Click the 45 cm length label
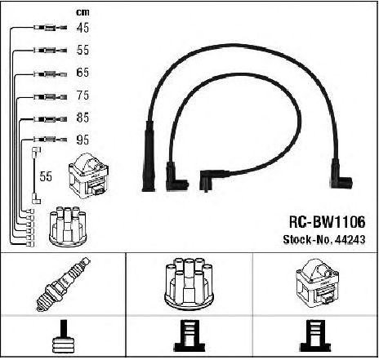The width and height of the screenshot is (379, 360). coord(82,28)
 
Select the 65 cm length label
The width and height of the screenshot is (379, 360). coord(82,73)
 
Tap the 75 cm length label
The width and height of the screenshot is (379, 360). coord(82,96)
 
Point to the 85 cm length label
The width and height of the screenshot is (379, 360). coord(82,118)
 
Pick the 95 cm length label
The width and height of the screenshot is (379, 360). coord(82,140)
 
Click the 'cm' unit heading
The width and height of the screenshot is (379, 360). coord(82,12)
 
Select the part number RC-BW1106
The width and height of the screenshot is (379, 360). coord(327,222)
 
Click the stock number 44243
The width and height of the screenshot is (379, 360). coord(350,239)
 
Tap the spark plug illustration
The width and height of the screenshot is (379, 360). coord(64,284)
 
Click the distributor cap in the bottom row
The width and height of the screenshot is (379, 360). coord(189,283)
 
